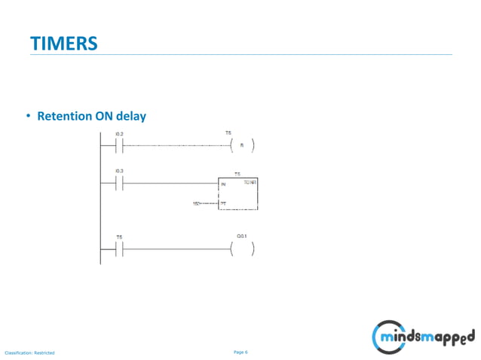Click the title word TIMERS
tap(64, 44)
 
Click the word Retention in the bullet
tap(65, 117)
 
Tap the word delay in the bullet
tap(131, 117)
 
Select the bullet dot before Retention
tap(29, 117)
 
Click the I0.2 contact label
tap(119, 134)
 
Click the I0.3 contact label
tap(119, 172)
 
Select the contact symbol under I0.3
tap(119, 185)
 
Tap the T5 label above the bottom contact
tap(119, 237)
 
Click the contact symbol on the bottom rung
tap(119, 249)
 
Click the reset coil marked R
tap(242, 145)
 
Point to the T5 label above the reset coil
tap(228, 133)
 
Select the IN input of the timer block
tap(223, 185)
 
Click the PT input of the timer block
tap(223, 203)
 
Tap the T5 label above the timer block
tap(237, 174)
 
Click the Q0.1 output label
tap(242, 236)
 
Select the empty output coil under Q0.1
tap(242, 249)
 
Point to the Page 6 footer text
tap(240, 352)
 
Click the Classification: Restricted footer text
tap(29, 352)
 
